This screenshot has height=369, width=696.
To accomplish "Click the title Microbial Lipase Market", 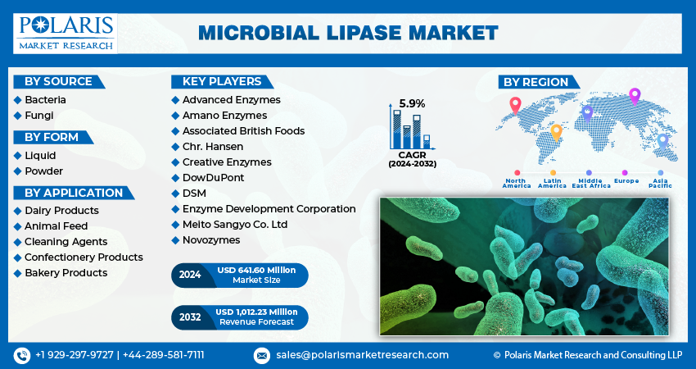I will [348, 33].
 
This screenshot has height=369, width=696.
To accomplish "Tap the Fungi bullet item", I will [38, 116].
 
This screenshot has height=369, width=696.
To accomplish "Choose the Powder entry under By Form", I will [43, 171].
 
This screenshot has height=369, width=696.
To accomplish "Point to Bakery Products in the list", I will [66, 272].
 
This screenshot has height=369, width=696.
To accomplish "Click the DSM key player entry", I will [194, 193].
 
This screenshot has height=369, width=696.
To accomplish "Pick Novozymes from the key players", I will [211, 239].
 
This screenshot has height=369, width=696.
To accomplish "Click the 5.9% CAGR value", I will [412, 103].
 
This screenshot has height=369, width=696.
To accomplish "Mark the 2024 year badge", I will [190, 276].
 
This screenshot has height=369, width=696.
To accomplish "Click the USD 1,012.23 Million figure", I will [256, 312].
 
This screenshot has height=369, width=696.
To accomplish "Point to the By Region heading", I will [536, 81].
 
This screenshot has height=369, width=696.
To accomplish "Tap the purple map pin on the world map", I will [634, 96].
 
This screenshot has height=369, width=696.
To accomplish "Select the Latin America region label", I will [553, 183].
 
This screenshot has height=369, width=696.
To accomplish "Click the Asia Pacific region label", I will [660, 183].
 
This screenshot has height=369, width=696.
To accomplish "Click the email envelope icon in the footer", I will [261, 355].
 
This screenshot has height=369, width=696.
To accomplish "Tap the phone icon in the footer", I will [21, 355].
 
